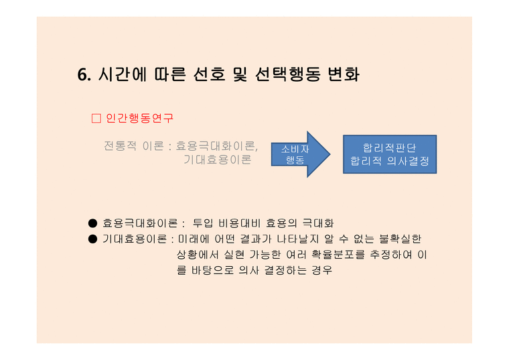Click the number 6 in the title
pyautogui.click(x=82, y=74)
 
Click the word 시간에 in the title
pyautogui.click(x=123, y=74)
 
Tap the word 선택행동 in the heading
pyautogui.click(x=287, y=74)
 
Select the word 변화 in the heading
pyautogui.click(x=344, y=74)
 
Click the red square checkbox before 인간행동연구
pyautogui.click(x=96, y=118)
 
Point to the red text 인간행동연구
pyautogui.click(x=139, y=118)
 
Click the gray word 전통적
pyautogui.click(x=120, y=145)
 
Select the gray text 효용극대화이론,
pyautogui.click(x=217, y=146)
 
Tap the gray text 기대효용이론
pyautogui.click(x=218, y=160)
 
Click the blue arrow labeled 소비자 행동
pyautogui.click(x=301, y=154)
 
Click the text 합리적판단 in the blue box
pyautogui.click(x=390, y=148)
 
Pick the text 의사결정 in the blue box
pyautogui.click(x=408, y=161)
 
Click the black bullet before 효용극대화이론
pyautogui.click(x=93, y=223)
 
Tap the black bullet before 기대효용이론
pyautogui.click(x=93, y=239)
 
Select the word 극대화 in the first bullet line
pyautogui.click(x=318, y=223)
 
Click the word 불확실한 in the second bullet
pyautogui.click(x=401, y=239)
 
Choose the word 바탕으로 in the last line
pyautogui.click(x=212, y=270)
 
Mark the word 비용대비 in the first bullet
pyautogui.click(x=240, y=223)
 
